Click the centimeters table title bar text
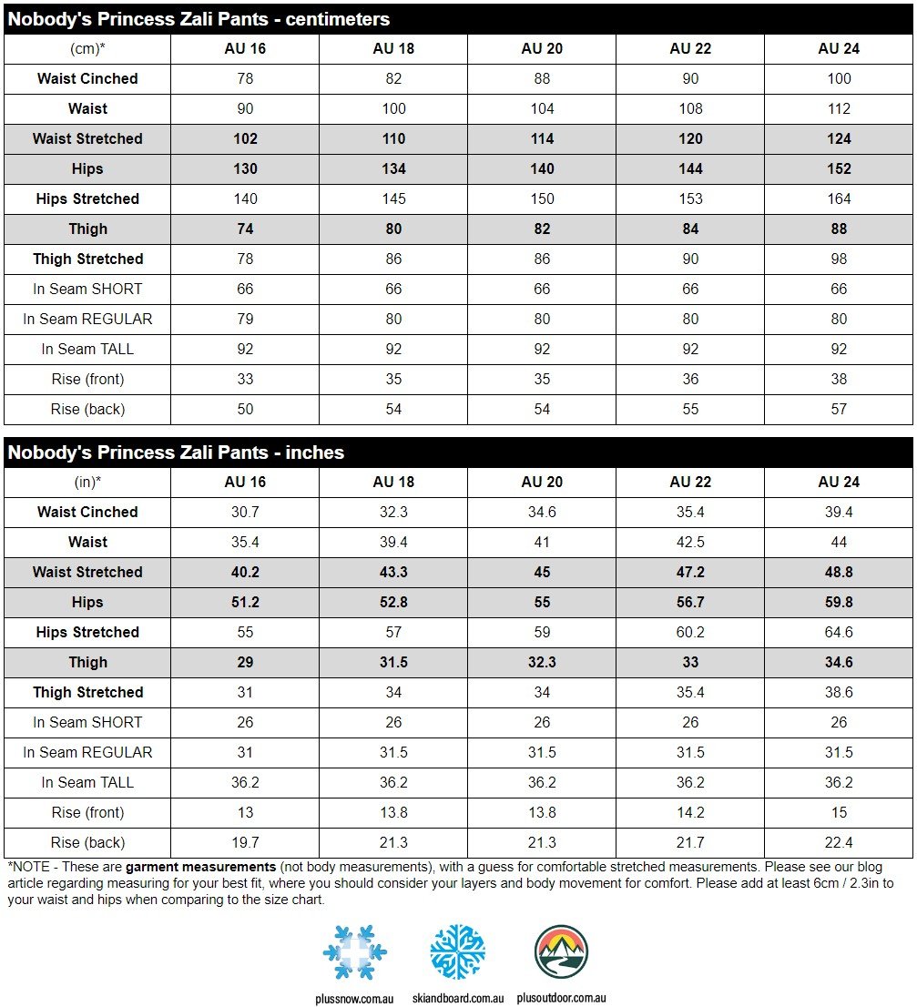(x=199, y=19)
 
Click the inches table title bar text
(x=176, y=453)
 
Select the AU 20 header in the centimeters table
(x=542, y=48)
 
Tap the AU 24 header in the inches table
(x=839, y=482)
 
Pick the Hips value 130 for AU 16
(x=245, y=168)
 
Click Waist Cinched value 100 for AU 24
(x=839, y=78)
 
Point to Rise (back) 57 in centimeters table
(x=839, y=409)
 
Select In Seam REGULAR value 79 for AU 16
(x=245, y=319)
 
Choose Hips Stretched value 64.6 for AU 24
(x=839, y=632)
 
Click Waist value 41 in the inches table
(x=542, y=542)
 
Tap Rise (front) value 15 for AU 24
(x=839, y=812)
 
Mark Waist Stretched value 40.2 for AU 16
(x=245, y=572)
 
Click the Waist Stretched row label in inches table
(x=87, y=572)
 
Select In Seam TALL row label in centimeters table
(x=87, y=349)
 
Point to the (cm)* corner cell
(x=87, y=48)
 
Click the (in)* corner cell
(x=87, y=482)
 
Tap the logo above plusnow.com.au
(x=355, y=952)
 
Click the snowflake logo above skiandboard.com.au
(x=457, y=951)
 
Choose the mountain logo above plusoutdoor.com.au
(x=561, y=951)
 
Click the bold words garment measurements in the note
(x=200, y=867)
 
